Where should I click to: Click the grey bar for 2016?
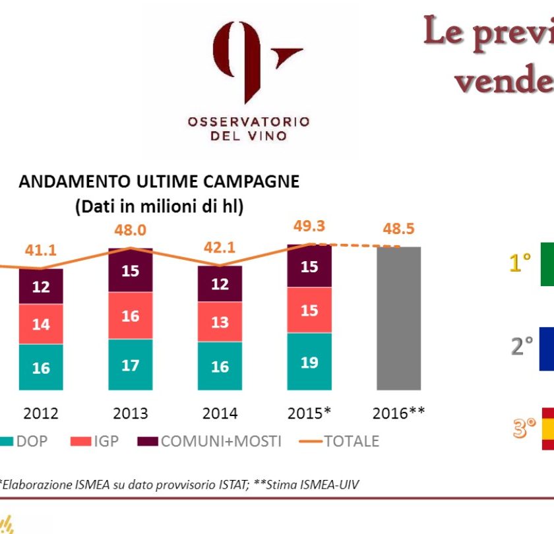click(398, 318)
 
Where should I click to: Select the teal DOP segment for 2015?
click(309, 361)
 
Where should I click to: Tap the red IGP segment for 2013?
click(130, 316)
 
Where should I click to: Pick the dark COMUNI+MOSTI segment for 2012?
click(41, 286)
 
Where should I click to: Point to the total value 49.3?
click(309, 226)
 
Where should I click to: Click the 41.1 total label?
click(41, 251)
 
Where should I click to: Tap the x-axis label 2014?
click(220, 413)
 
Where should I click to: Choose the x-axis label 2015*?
click(309, 413)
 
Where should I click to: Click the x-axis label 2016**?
click(398, 413)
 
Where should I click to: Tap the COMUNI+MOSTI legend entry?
click(211, 441)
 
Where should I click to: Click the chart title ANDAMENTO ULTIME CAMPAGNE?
click(159, 182)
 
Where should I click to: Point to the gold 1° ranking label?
click(520, 264)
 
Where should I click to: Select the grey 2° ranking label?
click(520, 346)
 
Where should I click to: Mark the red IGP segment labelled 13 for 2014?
click(220, 322)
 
